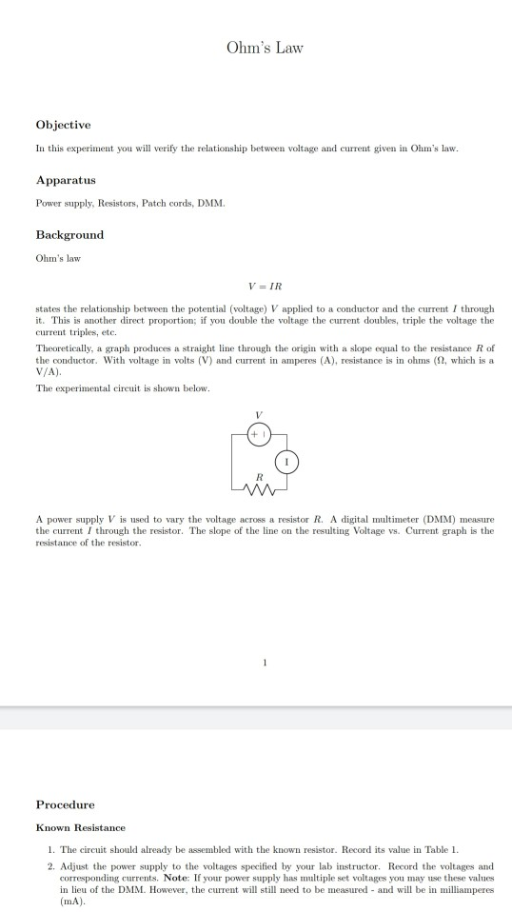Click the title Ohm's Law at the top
click(x=265, y=48)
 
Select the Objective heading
click(x=63, y=125)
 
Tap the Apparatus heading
click(x=66, y=179)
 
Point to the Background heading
click(x=69, y=234)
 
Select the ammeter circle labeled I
click(x=286, y=462)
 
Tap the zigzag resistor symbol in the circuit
click(x=257, y=491)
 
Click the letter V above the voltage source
click(x=257, y=415)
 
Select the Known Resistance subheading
click(x=81, y=827)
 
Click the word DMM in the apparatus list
click(x=210, y=203)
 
